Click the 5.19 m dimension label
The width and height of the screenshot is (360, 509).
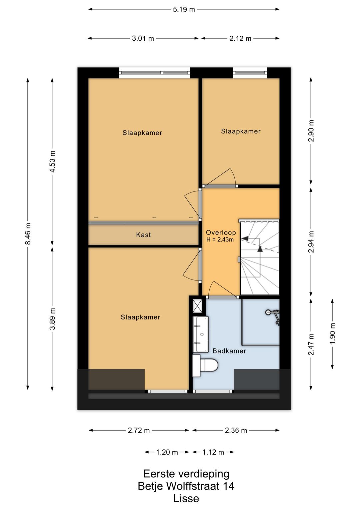point(184,10)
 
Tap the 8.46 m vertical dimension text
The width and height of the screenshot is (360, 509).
point(28,233)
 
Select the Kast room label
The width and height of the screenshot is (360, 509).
point(143,234)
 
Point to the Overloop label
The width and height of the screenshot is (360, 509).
point(221,232)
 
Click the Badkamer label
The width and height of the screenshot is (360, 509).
point(229,351)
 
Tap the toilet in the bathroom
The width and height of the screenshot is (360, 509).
point(205,366)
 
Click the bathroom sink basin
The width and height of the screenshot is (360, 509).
point(201,334)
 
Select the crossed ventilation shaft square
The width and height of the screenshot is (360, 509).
point(197,306)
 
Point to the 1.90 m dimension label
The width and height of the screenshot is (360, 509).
point(332,334)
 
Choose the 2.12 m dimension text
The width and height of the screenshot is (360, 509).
point(240,39)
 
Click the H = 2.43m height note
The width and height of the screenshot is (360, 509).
point(220,239)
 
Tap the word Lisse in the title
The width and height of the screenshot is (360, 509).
point(186,498)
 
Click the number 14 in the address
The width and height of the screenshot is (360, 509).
point(228,486)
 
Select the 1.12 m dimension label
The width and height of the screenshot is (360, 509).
point(213,452)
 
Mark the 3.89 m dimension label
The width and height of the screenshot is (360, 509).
point(52,319)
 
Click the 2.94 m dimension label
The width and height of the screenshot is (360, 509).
point(311,241)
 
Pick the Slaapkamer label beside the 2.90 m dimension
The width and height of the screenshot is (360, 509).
point(241,131)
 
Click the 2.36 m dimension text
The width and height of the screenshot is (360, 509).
point(236,430)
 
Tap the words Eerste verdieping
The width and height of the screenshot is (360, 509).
point(186,474)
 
